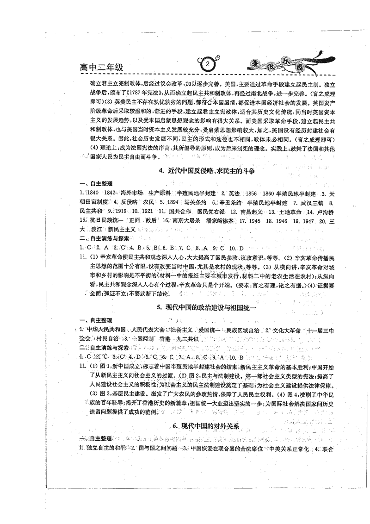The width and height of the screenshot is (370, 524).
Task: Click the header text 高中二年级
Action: [101, 68]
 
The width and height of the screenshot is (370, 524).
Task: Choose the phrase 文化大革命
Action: [285, 330]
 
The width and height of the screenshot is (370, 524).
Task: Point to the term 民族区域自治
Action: [240, 330]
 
